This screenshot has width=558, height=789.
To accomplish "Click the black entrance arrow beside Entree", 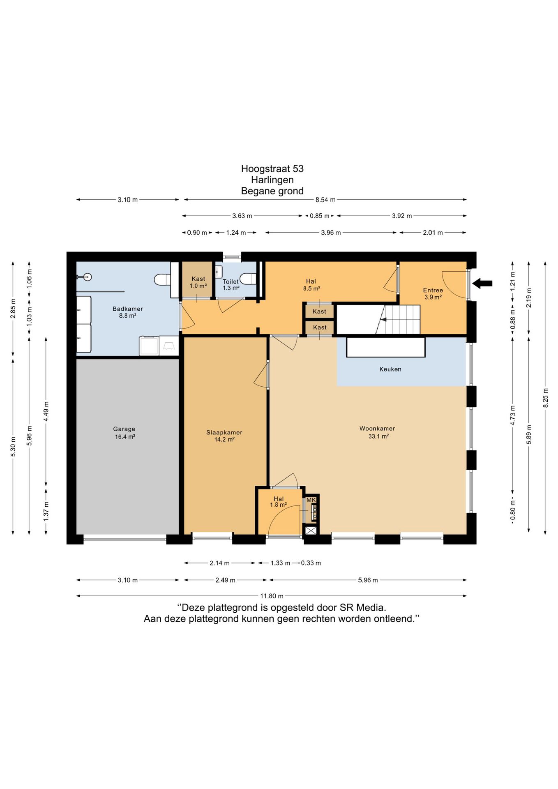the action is click(482, 283).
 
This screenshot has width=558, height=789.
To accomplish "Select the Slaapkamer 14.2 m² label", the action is click(224, 436).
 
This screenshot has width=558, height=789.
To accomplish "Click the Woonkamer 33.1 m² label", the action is click(377, 432).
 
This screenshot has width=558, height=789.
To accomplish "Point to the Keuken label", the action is click(390, 369).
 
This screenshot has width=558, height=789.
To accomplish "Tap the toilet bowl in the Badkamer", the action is click(162, 280).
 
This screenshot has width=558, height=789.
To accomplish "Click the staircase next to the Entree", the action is click(398, 319).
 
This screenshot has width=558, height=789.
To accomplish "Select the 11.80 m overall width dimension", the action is click(272, 596).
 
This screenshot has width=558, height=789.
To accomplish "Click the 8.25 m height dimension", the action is click(545, 398).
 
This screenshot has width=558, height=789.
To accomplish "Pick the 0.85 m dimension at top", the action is click(320, 216).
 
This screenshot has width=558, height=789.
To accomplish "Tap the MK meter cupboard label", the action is click(311, 500).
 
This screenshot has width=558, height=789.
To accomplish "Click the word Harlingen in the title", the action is click(272, 180).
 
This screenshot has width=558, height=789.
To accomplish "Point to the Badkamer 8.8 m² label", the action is click(128, 312).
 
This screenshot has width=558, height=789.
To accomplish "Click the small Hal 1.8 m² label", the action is click(279, 502).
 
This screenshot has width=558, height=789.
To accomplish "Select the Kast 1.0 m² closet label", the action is click(198, 282).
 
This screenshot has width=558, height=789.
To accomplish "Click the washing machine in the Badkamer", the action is click(149, 346).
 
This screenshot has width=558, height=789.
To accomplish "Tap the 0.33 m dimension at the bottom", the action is click(311, 563).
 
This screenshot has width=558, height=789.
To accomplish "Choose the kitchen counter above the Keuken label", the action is click(386, 347).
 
